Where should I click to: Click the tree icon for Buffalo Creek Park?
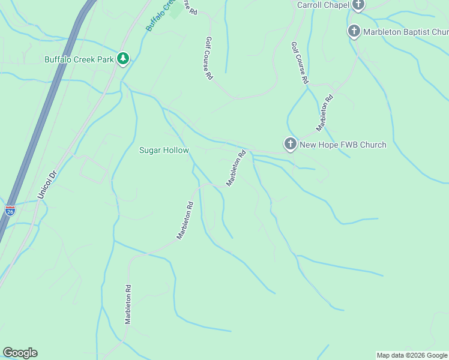pyautogui.click(x=123, y=59)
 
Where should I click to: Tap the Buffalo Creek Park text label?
pyautogui.click(x=79, y=59)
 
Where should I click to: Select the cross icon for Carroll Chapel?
pyautogui.click(x=358, y=5)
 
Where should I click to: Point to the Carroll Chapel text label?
pyautogui.click(x=323, y=5)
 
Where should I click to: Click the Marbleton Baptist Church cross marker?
pyautogui.click(x=354, y=31)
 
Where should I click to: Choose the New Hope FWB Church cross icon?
pyautogui.click(x=290, y=144)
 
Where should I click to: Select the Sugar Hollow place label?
pyautogui.click(x=164, y=151)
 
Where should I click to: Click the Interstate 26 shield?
pyautogui.click(x=10, y=210)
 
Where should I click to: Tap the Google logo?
pyautogui.click(x=20, y=353)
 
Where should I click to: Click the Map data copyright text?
pyautogui.click(x=412, y=355)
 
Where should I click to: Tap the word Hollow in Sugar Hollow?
pyautogui.click(x=176, y=151)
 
